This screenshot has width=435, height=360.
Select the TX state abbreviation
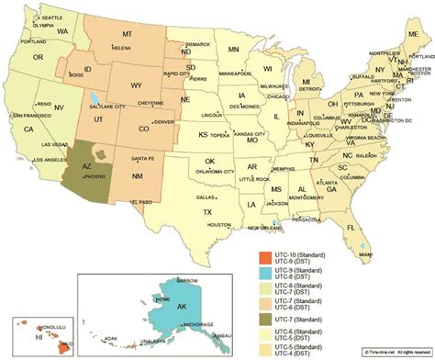206,211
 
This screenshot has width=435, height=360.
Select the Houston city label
218,225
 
